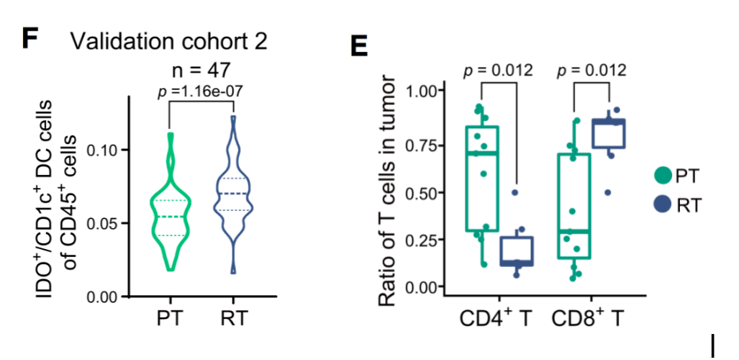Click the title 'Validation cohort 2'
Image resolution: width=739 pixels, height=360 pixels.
pyautogui.click(x=170, y=40)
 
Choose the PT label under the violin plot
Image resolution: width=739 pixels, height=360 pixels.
pyautogui.click(x=171, y=318)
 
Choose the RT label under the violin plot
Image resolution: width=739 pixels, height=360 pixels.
pyautogui.click(x=234, y=318)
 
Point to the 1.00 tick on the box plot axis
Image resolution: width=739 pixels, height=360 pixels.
pyautogui.click(x=420, y=91)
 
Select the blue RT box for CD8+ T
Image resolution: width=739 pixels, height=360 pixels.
pyautogui.click(x=609, y=134)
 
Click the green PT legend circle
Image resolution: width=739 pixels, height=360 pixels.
pyautogui.click(x=663, y=175)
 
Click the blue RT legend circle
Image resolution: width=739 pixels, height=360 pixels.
pyautogui.click(x=663, y=205)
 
